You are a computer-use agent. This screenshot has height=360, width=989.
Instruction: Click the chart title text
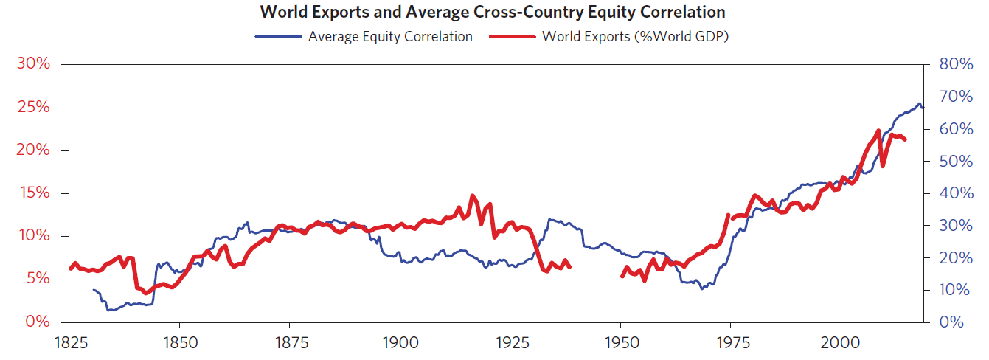[x=493, y=13]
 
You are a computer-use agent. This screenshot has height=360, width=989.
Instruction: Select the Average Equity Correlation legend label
[x=390, y=36]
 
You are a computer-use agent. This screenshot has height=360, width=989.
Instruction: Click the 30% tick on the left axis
[x=34, y=64]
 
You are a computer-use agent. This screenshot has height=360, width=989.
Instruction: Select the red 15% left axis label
[x=34, y=193]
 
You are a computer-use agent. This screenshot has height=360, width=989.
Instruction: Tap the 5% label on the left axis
[x=38, y=280]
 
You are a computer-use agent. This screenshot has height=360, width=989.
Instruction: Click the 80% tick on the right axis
[x=957, y=64]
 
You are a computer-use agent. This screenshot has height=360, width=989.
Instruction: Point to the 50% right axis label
[x=957, y=161]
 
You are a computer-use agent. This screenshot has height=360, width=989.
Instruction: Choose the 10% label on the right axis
[x=957, y=290]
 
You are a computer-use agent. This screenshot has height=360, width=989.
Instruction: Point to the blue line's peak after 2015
[x=919, y=103]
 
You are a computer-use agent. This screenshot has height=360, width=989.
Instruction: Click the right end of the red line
[x=905, y=139]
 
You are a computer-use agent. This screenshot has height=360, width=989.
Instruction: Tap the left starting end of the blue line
[x=93, y=290]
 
